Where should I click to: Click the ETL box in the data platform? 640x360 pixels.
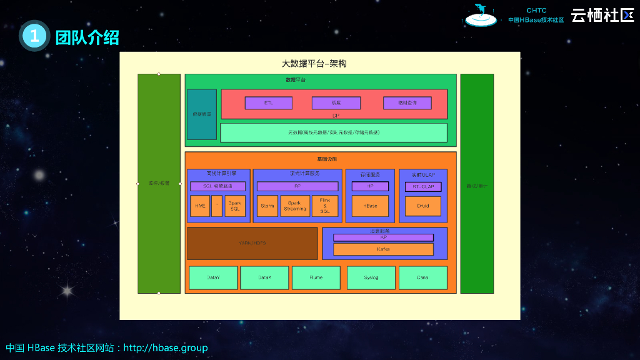pos(268,102)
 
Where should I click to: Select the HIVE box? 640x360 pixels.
pos(199,206)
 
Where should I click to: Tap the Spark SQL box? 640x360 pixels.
pos(234,206)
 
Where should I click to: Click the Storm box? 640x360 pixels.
pos(267,206)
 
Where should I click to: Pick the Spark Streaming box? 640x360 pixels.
pos(295,206)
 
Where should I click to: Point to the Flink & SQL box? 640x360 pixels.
pos(325,206)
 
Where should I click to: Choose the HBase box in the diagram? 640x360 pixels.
pos(370,206)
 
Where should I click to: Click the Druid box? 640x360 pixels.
pos(423,206)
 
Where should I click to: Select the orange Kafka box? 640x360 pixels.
pos(383,249)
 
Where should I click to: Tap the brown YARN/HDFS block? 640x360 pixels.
pos(252,243)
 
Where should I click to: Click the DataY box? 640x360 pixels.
pos(213,277)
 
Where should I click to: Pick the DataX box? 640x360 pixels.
pos(264,277)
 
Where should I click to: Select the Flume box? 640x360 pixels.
pos(316,277)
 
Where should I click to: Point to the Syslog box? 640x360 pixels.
pos(371,277)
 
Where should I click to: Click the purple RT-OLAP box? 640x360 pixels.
pos(423,186)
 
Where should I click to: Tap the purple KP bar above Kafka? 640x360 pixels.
pos(383,237)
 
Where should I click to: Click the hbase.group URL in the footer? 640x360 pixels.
pos(166,347)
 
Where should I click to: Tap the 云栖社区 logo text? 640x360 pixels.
pos(602,16)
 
